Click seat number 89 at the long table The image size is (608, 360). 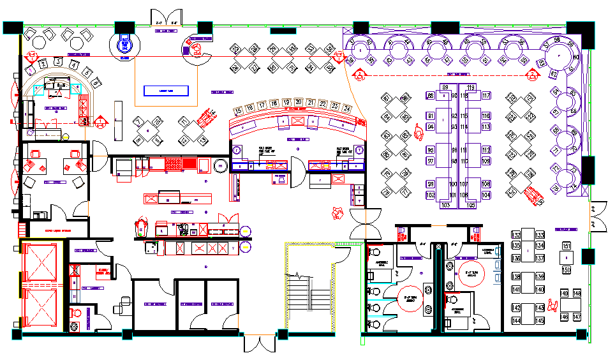(445, 87)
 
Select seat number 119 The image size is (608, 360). (471, 87)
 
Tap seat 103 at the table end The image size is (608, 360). (445, 206)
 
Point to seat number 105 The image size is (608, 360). (471, 206)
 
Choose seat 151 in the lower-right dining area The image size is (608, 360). (566, 246)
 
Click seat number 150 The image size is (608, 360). (566, 270)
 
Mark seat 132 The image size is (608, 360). (516, 235)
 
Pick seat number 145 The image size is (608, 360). (540, 320)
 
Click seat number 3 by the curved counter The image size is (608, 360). (58, 62)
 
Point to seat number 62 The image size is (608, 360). (553, 74)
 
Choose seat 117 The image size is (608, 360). (486, 96)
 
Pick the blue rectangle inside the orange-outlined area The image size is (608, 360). (166, 91)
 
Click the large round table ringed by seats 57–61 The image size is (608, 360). (560, 56)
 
